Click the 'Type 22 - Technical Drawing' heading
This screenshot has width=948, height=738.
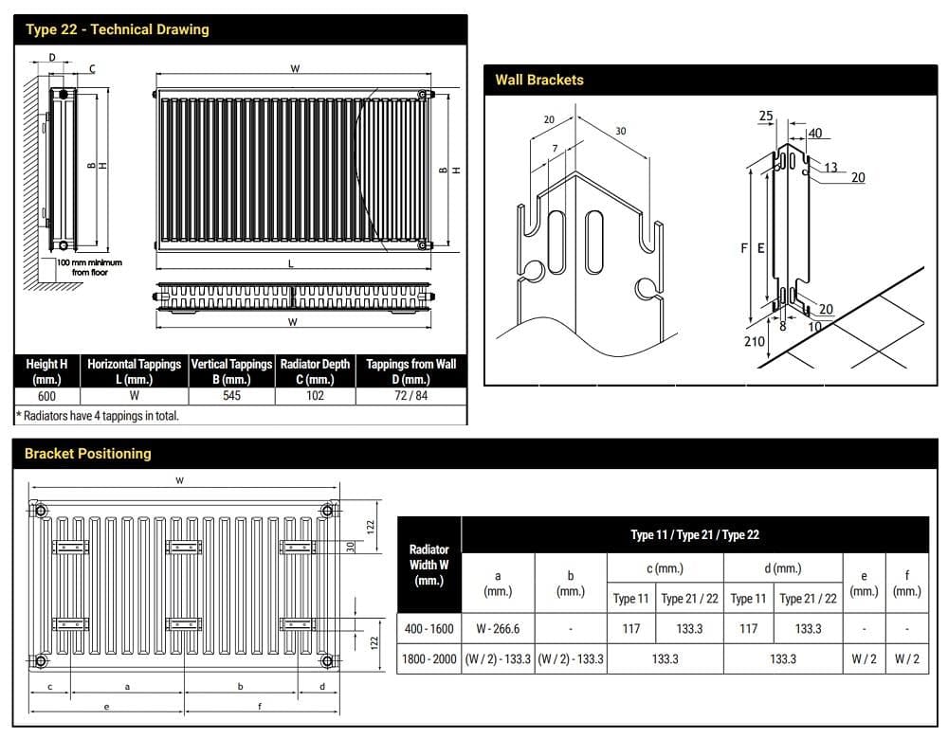coord(117,29)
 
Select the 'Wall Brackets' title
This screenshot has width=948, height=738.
coord(538,80)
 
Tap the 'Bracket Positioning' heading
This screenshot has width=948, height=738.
coord(87,454)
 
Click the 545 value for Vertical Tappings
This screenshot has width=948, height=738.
coord(231,396)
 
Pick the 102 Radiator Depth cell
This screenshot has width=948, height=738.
coord(315,396)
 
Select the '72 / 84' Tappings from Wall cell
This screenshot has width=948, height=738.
coord(410,396)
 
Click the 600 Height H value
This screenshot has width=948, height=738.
coord(46,396)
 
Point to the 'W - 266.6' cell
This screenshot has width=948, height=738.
coord(498,628)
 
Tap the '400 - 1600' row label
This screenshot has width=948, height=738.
coord(428,628)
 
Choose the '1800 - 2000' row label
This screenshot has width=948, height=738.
coord(428,658)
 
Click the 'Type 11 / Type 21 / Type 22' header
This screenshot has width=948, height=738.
coord(694,535)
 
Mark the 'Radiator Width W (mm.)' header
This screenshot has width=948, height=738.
coord(428,565)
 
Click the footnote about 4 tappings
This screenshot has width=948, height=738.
coord(99,415)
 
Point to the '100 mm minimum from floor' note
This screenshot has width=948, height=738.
coord(89,267)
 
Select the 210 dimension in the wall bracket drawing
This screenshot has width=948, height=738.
coord(754,341)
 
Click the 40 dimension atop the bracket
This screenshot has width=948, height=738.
coord(814,134)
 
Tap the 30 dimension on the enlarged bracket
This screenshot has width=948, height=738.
coord(620,131)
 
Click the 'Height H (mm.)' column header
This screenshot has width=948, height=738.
coord(46,371)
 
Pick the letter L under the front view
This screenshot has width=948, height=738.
coord(291,263)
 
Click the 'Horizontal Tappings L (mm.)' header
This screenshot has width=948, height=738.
coord(134,371)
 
